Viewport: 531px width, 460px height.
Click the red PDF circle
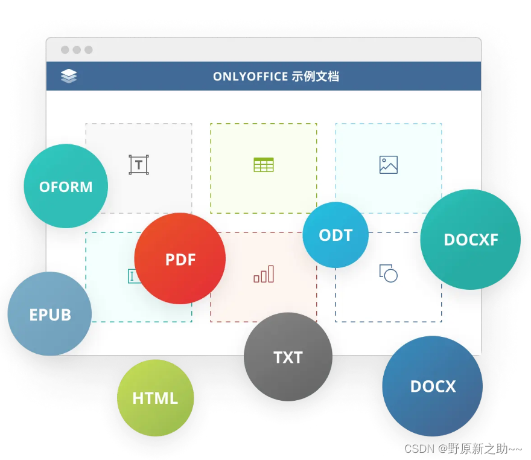coord(180,258)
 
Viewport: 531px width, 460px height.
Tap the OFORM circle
coord(66,186)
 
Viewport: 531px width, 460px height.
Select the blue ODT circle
coord(335,235)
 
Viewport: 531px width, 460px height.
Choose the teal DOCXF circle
coord(470,239)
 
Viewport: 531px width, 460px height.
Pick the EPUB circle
coord(49,314)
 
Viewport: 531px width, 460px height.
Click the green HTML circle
coord(155,398)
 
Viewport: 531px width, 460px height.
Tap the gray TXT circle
coord(288,357)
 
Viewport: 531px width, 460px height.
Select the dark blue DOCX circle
coord(433,386)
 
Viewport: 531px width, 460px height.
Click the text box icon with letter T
coord(139,165)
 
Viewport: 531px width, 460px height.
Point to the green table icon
coord(264,165)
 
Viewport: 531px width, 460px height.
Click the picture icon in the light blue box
coord(389,165)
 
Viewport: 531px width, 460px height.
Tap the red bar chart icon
coord(264,274)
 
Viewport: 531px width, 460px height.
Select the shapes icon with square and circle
coord(389,273)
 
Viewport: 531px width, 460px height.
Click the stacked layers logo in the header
coord(69,76)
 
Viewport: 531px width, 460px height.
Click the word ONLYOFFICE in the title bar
coord(250,77)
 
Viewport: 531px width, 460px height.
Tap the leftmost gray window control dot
coord(65,50)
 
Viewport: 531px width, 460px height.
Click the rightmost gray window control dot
coord(89,50)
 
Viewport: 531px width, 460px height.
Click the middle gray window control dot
coord(77,50)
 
